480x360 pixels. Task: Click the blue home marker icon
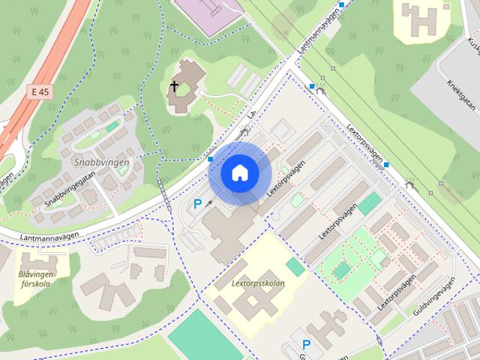(x=239, y=173)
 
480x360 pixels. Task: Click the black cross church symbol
(x=174, y=87)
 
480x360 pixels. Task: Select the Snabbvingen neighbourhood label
(x=101, y=162)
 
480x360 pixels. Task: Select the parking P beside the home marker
(x=198, y=204)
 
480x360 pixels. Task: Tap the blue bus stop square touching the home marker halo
(x=211, y=159)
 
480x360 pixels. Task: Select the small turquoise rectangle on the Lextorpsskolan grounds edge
(x=295, y=267)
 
